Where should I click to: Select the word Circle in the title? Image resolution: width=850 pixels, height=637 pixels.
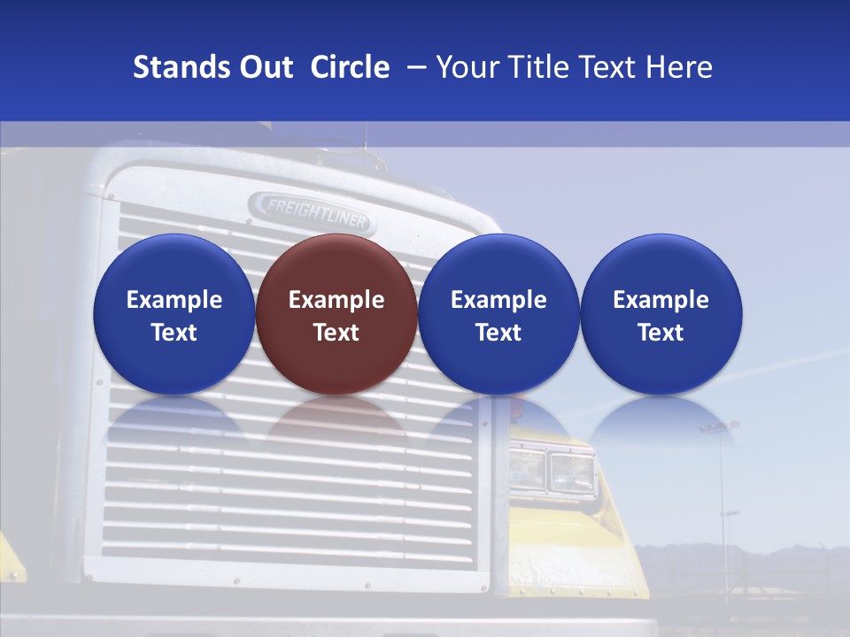pyautogui.click(x=350, y=67)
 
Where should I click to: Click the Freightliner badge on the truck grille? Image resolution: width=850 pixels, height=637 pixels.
pyautogui.click(x=311, y=211)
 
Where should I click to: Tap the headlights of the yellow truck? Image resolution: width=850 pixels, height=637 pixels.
pyautogui.click(x=552, y=471)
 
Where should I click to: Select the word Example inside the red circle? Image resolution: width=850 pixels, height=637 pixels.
pyautogui.click(x=336, y=300)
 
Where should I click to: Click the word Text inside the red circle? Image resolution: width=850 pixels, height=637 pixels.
pyautogui.click(x=336, y=333)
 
